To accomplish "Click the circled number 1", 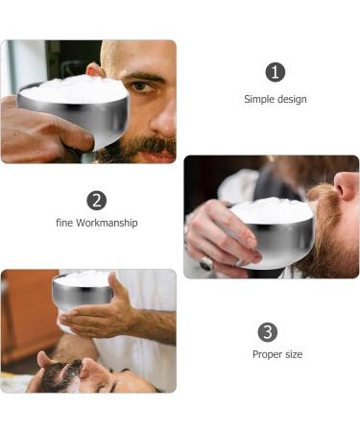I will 276,72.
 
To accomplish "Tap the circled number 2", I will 96,200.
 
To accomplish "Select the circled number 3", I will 268,331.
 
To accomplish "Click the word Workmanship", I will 108,223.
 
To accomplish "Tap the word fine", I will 64,223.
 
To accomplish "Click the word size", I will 293,354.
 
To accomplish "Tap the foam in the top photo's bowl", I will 72,89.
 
